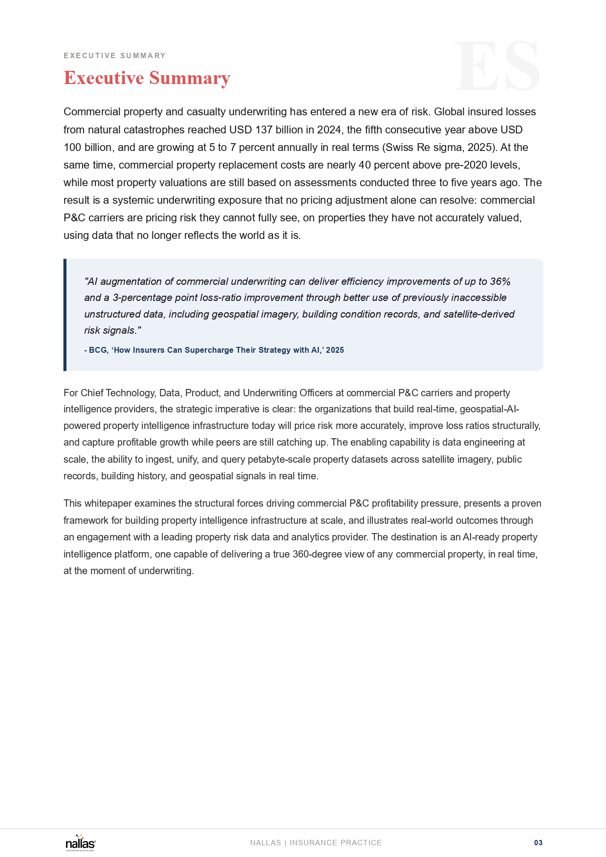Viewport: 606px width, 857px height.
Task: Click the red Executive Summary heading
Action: (x=147, y=78)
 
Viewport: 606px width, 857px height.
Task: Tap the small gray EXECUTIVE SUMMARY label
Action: (x=114, y=56)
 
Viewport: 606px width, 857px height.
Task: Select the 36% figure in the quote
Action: (x=500, y=281)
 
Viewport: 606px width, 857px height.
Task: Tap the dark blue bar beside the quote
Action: (x=65, y=315)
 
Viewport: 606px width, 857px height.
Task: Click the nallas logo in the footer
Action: (x=81, y=843)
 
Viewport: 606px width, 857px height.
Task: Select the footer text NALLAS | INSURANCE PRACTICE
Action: (x=316, y=843)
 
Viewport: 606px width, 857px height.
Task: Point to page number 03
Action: (x=538, y=843)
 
